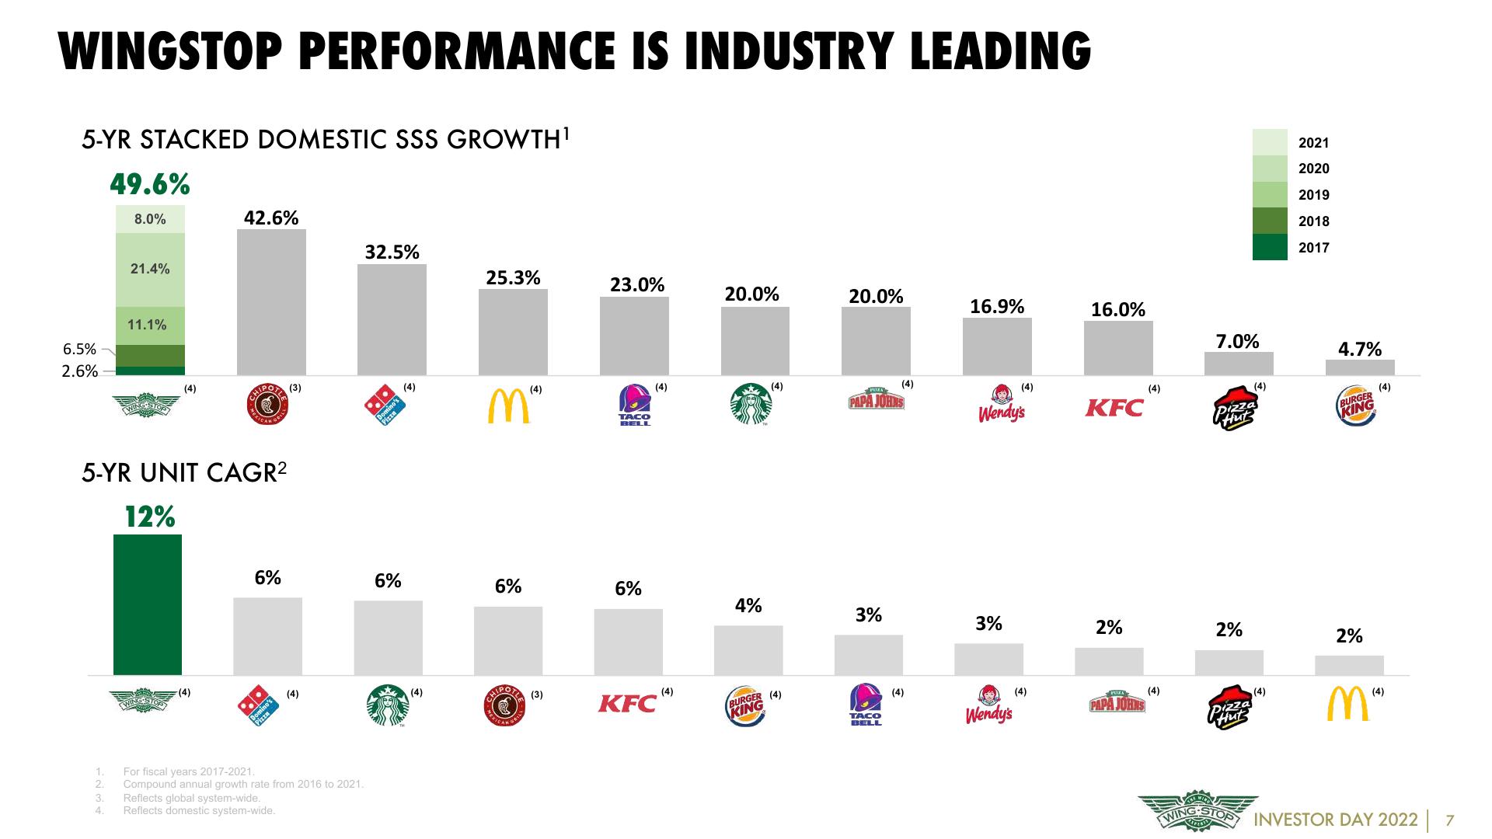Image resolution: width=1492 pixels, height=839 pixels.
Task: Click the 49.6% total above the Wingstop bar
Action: tap(150, 185)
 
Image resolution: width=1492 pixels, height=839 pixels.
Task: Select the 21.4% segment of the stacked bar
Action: tap(150, 270)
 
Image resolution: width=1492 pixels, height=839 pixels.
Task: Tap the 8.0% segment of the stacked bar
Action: tap(150, 219)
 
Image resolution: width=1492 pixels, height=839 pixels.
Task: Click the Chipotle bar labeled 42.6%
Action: tap(271, 302)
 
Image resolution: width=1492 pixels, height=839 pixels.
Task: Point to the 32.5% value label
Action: tap(392, 252)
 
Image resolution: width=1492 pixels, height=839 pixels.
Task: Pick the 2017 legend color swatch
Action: tap(1270, 247)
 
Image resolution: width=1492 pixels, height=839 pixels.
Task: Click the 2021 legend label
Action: tap(1314, 143)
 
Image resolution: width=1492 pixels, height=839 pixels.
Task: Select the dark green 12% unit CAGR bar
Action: tap(148, 604)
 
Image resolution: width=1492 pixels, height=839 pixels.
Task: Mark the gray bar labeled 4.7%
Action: tap(1360, 367)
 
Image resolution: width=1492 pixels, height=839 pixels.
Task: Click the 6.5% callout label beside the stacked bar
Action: tap(79, 349)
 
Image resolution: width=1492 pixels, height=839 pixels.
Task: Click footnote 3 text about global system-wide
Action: tap(192, 798)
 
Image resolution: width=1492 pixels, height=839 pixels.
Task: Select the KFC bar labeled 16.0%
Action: tap(1118, 348)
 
